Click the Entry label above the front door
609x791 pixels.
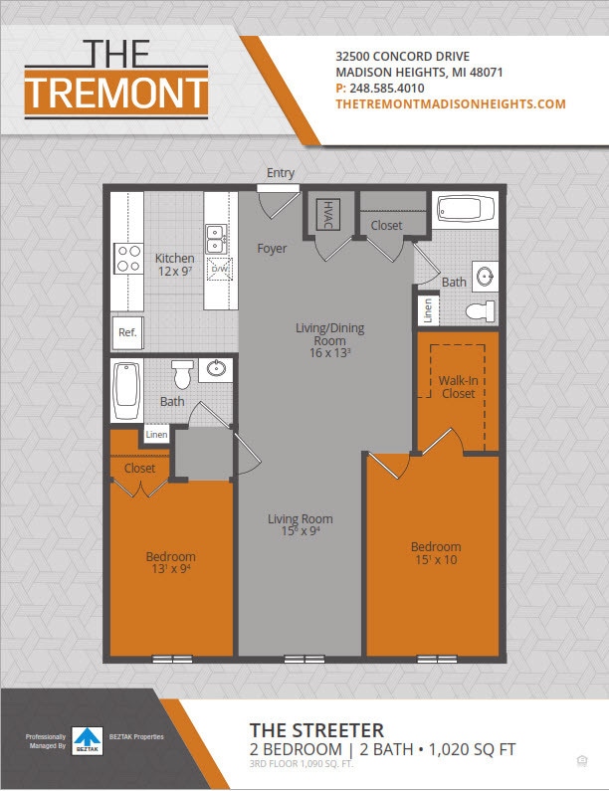pos(281,173)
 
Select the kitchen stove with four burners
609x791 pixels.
pos(128,260)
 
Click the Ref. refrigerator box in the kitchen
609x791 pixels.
pos(127,333)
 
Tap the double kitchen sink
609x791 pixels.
pos(215,239)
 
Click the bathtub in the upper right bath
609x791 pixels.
pos(466,210)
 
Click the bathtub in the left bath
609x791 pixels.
pos(126,391)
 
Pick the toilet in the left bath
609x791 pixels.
pos(181,374)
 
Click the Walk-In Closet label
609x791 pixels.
pos(457,387)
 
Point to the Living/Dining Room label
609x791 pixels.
pos(323,339)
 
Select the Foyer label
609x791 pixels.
pos(272,248)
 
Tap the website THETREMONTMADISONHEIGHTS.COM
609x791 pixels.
pos(450,103)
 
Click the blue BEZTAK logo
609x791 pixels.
pos(90,738)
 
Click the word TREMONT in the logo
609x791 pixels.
pos(116,93)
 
